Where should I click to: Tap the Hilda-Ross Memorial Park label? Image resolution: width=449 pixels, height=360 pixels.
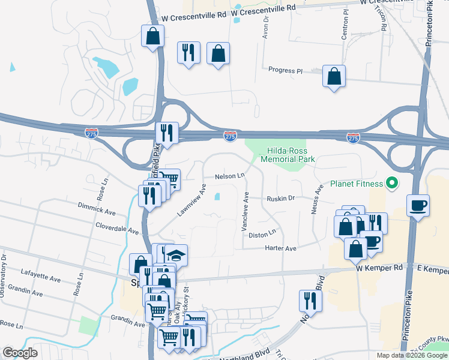(x=288, y=155)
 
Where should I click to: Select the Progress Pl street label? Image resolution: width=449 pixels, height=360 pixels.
(x=286, y=71)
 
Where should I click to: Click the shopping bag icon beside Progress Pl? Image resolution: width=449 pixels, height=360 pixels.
(x=334, y=76)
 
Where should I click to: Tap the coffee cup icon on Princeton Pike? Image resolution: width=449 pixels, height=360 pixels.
(x=418, y=205)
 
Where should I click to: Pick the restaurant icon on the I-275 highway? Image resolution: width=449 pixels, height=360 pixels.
(x=166, y=133)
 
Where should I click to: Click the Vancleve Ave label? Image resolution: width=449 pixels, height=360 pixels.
(x=245, y=211)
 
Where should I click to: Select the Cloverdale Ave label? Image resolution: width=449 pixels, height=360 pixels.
(x=117, y=228)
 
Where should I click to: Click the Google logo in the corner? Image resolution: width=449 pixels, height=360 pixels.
(x=20, y=353)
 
